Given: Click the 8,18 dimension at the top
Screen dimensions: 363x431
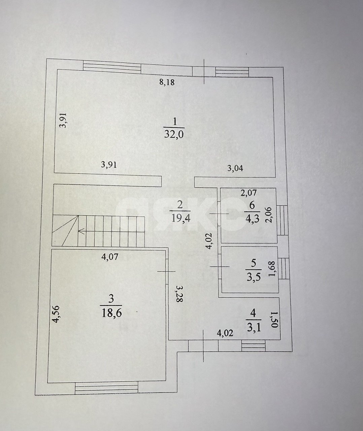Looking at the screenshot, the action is (x=167, y=82).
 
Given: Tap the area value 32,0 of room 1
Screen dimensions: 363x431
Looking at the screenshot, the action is (x=174, y=135).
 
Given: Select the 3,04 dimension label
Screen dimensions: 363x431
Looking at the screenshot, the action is (x=235, y=168).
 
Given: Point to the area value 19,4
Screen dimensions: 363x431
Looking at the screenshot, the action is (x=180, y=218).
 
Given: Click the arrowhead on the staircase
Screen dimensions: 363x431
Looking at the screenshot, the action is (x=81, y=231).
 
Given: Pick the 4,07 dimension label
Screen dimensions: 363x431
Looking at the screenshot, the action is (x=110, y=257).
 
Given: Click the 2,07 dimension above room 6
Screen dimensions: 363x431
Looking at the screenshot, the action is (x=249, y=193).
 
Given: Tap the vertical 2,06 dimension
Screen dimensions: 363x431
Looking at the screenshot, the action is (x=269, y=214).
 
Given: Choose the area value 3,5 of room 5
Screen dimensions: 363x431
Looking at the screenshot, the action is (x=254, y=277).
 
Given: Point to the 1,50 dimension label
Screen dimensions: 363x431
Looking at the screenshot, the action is (x=275, y=320).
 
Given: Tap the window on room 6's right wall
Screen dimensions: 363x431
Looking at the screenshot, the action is (x=282, y=220).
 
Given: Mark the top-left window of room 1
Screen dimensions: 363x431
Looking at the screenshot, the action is (x=112, y=67).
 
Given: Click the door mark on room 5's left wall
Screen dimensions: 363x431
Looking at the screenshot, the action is (x=219, y=267).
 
